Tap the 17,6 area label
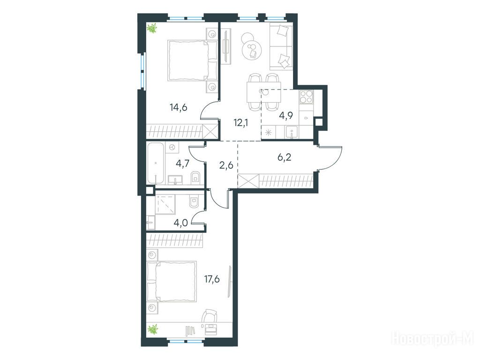(x=212, y=279)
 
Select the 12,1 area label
(x=240, y=123)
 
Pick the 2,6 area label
(x=226, y=165)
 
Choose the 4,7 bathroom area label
(x=183, y=163)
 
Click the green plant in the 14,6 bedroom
(x=152, y=28)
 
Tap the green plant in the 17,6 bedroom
(x=152, y=330)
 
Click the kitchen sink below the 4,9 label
(x=292, y=133)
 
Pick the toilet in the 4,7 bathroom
(x=195, y=178)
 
